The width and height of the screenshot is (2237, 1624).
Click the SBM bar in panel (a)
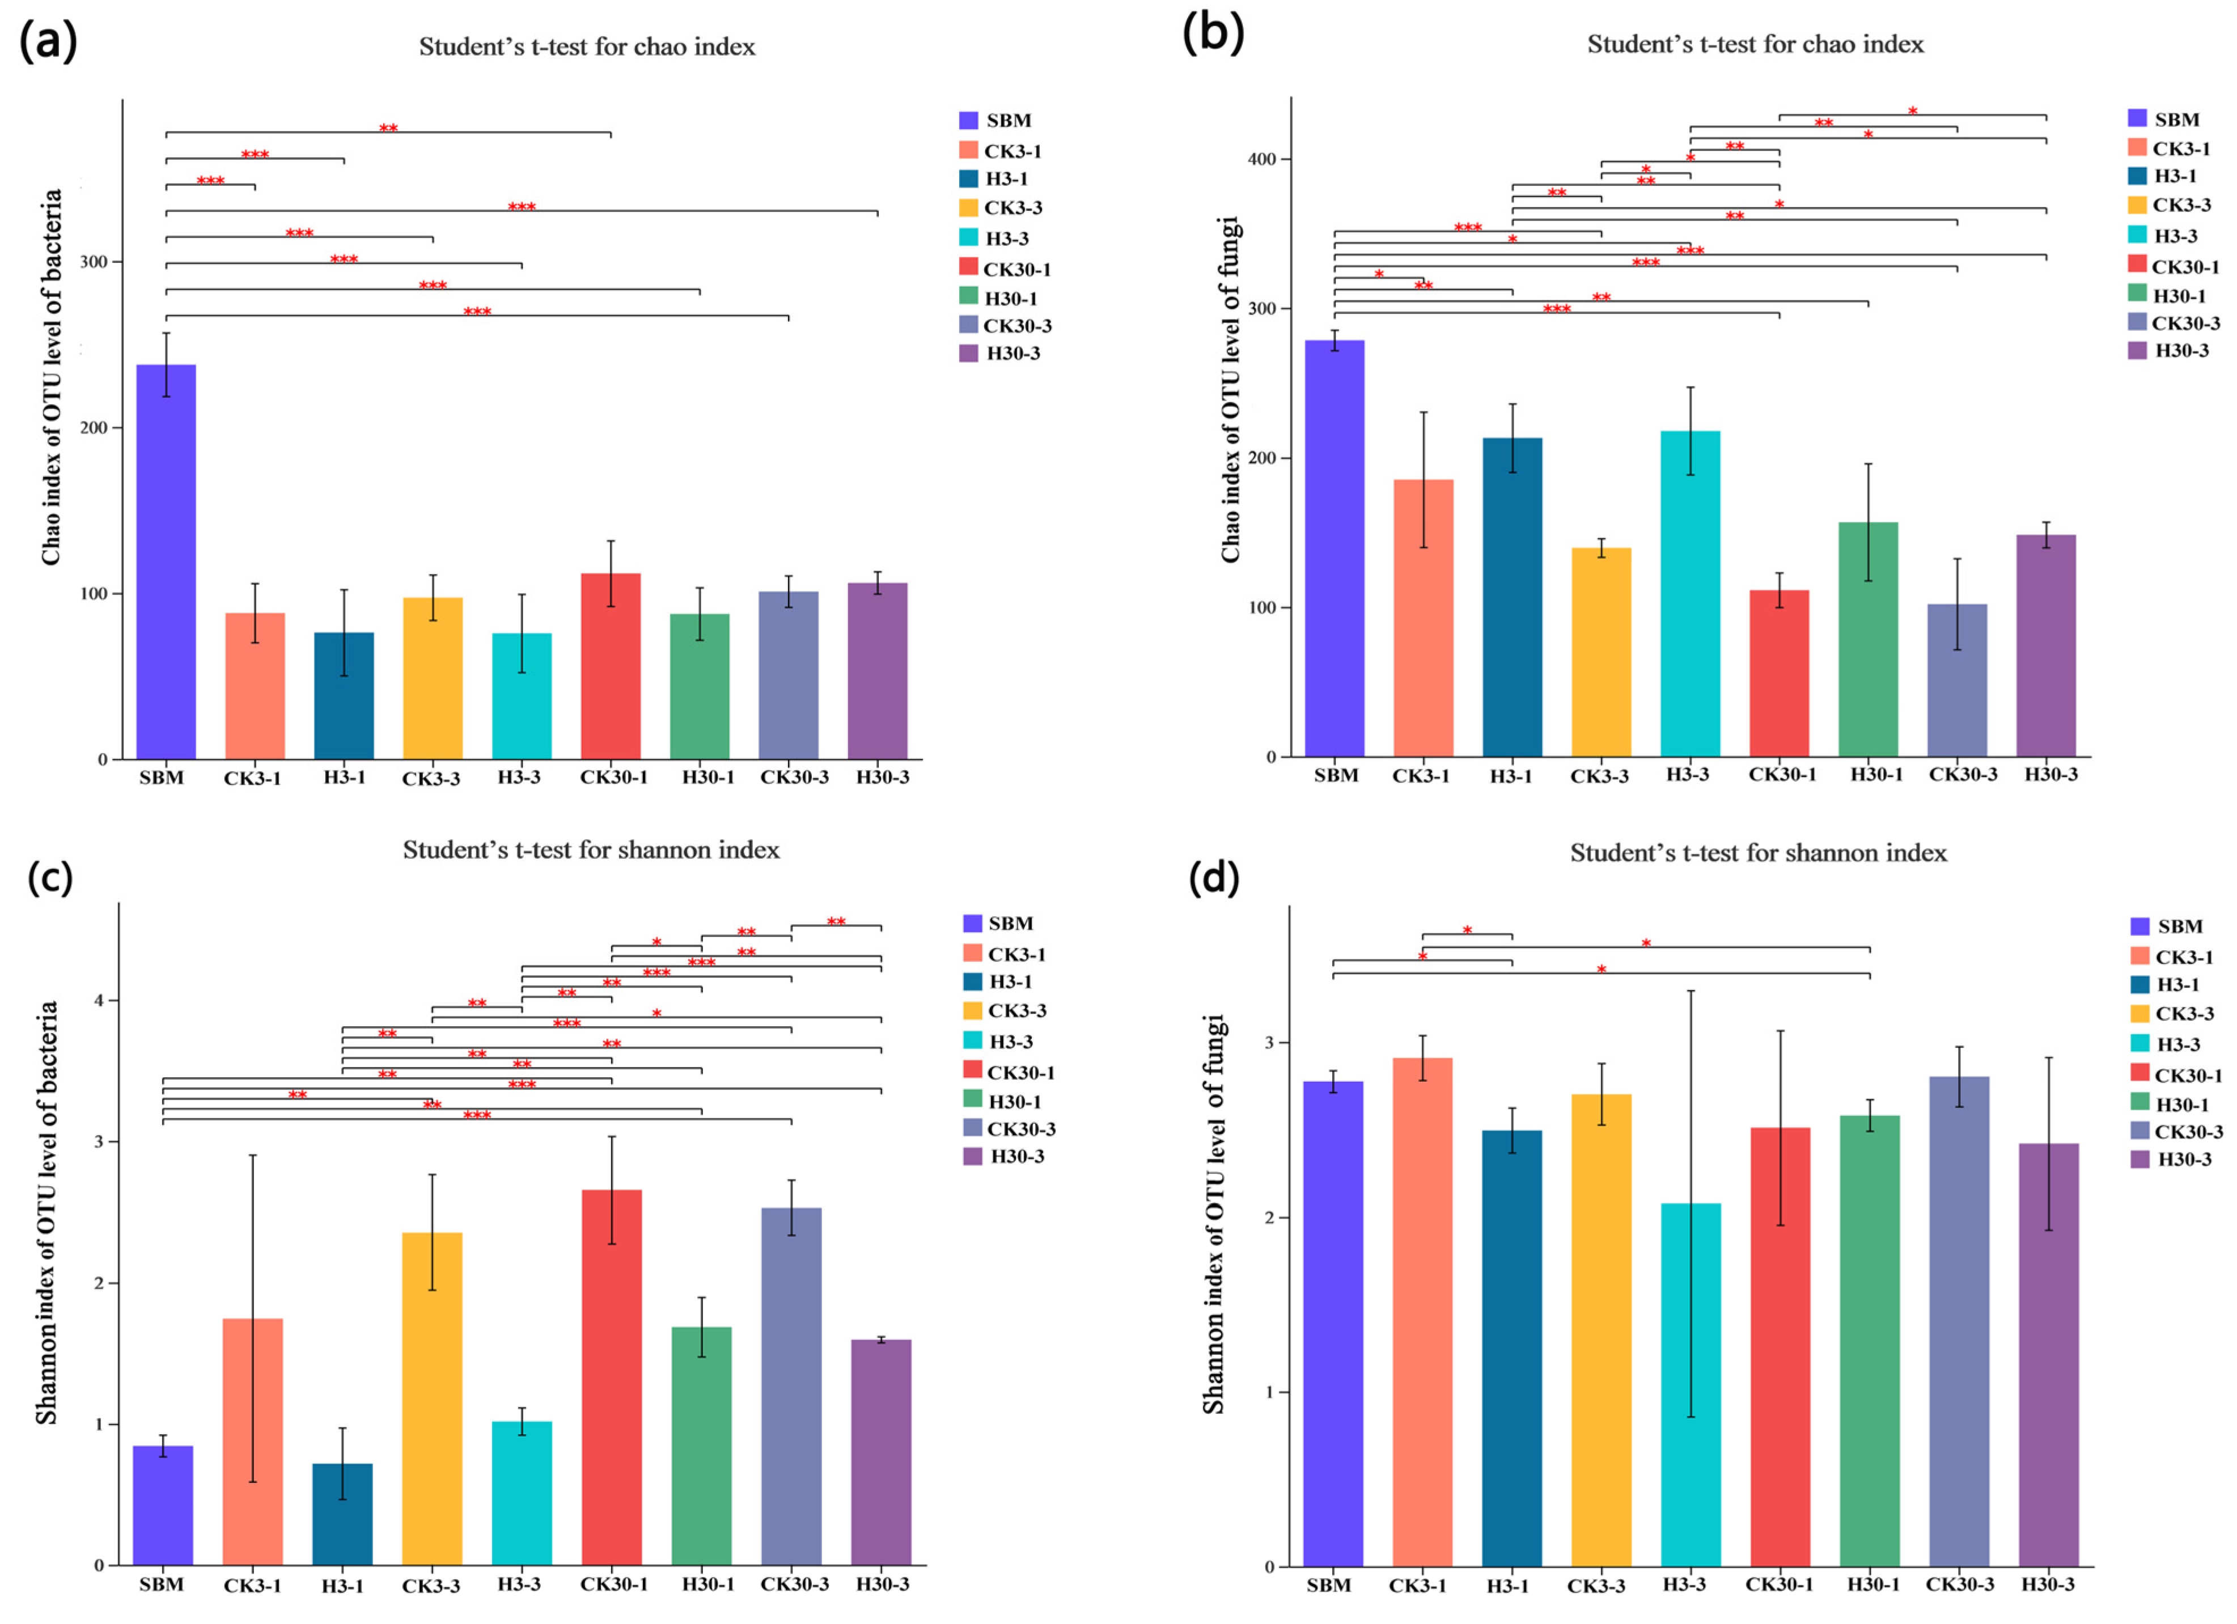pos(166,562)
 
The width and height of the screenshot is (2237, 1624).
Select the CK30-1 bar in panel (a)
pos(611,666)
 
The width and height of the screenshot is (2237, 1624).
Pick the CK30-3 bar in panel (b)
pos(1957,681)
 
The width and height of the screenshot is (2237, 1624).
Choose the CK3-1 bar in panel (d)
pos(1422,1311)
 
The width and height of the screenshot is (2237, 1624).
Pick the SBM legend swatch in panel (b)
pos(2137,118)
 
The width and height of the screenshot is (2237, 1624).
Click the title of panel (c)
pos(591,850)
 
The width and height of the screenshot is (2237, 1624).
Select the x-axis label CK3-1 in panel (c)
pos(252,1585)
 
